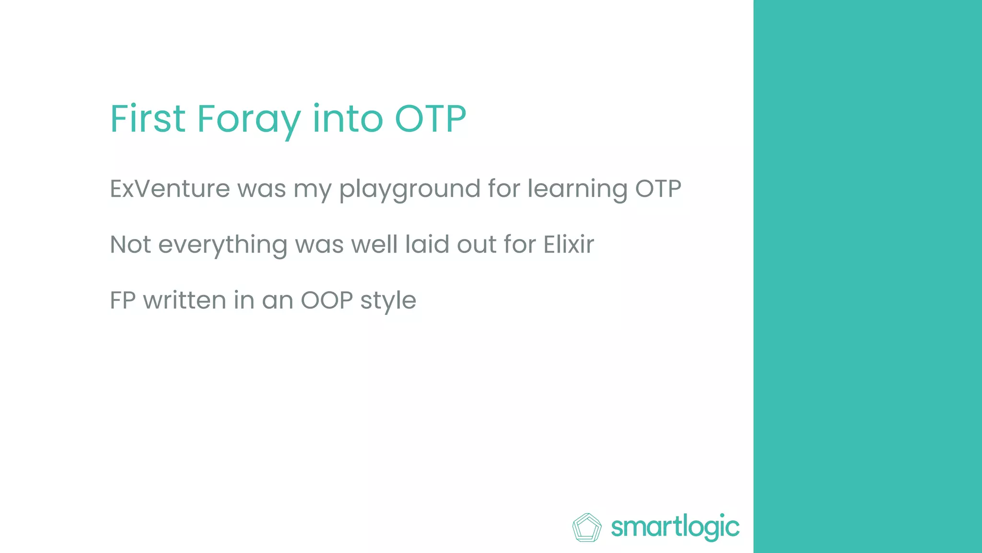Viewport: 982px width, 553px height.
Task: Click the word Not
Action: [130, 244]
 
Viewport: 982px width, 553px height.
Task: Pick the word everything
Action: [222, 245]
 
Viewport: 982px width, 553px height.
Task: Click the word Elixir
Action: [569, 244]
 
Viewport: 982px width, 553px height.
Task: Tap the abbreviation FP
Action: [123, 301]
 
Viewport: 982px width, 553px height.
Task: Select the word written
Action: [185, 301]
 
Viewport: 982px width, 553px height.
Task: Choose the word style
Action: [388, 301]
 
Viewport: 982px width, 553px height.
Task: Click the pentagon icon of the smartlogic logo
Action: [587, 528]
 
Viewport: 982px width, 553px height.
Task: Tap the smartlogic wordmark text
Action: [675, 528]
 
